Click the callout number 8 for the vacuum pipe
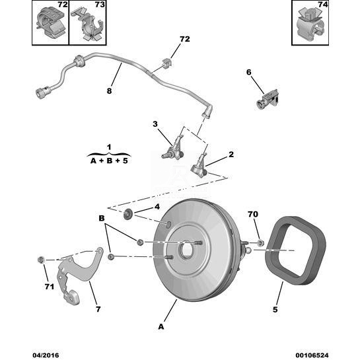tap(109, 91)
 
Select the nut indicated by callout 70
tap(260, 242)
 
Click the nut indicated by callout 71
tap(40, 260)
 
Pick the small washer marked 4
tap(127, 214)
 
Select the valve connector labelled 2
tap(199, 166)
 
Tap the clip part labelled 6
tap(268, 100)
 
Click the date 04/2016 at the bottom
tap(46, 355)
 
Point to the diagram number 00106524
tap(312, 355)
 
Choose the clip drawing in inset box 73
tap(90, 26)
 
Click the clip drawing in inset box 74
tap(310, 24)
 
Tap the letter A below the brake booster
tap(161, 326)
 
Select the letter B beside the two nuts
tap(102, 218)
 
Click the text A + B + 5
tap(109, 161)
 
